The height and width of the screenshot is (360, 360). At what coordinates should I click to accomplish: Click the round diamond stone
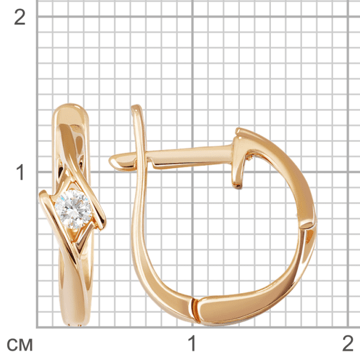73,209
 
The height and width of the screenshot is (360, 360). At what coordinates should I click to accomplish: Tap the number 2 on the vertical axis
20,18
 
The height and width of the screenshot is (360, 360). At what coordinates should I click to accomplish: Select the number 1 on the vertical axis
21,172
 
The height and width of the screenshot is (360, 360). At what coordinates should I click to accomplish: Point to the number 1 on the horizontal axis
192,343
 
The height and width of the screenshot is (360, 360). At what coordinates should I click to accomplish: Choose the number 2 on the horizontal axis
348,343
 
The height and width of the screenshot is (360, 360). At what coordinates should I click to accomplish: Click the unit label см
20,345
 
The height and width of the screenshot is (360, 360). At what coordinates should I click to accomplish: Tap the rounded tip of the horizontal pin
113,161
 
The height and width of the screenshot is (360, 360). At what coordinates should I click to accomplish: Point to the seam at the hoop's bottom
194,309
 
